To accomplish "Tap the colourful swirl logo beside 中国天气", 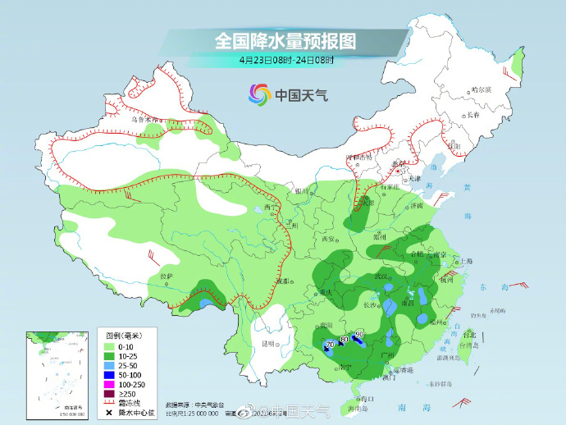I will pos(259,94).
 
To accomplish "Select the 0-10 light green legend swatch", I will pos(108,347).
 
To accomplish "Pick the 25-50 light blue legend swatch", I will pos(108,365).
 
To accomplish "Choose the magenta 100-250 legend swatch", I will pos(108,383).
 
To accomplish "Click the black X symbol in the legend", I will pos(108,410).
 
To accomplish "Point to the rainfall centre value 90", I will pos(359,333).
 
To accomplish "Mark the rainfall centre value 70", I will pos(329,346).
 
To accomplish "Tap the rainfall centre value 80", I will pos(345,339).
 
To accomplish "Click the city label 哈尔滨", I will pos(482,90).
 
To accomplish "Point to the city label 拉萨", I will pos(167,276).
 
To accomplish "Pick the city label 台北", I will pos(469,335).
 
